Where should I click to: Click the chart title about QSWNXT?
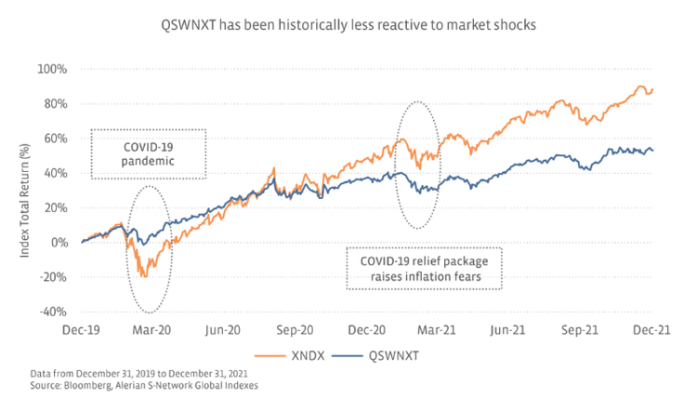[348, 25]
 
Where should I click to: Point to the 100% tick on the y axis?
[53, 69]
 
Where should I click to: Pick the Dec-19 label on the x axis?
[83, 330]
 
